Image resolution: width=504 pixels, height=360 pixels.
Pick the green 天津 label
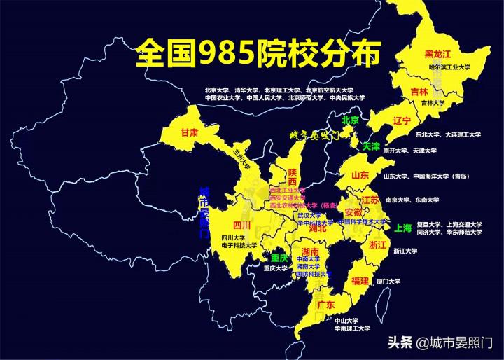click(x=372, y=147)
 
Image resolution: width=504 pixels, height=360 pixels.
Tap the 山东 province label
click(x=360, y=175)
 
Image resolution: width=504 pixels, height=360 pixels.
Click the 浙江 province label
click(x=377, y=244)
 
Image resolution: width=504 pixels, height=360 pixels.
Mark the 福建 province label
click(x=360, y=281)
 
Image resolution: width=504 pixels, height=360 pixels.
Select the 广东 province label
click(x=325, y=305)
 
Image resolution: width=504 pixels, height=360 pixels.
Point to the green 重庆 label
click(x=280, y=258)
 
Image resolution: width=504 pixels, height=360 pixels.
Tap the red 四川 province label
click(x=241, y=225)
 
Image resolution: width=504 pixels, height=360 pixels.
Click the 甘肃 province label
click(x=190, y=132)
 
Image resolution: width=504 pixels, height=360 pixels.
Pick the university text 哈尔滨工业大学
click(x=449, y=67)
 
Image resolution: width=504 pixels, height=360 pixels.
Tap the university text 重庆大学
click(x=276, y=268)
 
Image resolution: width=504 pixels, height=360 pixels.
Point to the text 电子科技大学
click(x=239, y=246)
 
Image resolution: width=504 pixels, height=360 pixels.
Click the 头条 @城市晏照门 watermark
click(x=441, y=343)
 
